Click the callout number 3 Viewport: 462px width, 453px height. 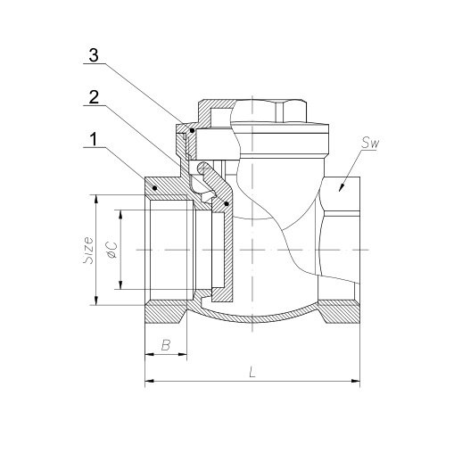[x=94, y=55]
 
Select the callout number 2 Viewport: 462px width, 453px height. [x=94, y=97]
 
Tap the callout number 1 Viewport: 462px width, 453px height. [x=94, y=139]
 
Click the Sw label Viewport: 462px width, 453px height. [x=370, y=144]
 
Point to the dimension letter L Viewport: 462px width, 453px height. [x=252, y=372]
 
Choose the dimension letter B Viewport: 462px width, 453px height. [x=166, y=345]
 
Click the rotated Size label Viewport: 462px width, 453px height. [x=88, y=250]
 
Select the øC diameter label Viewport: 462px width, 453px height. [x=112, y=250]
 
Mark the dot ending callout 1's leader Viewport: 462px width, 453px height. [x=154, y=188]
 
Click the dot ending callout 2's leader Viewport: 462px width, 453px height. [x=227, y=204]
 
